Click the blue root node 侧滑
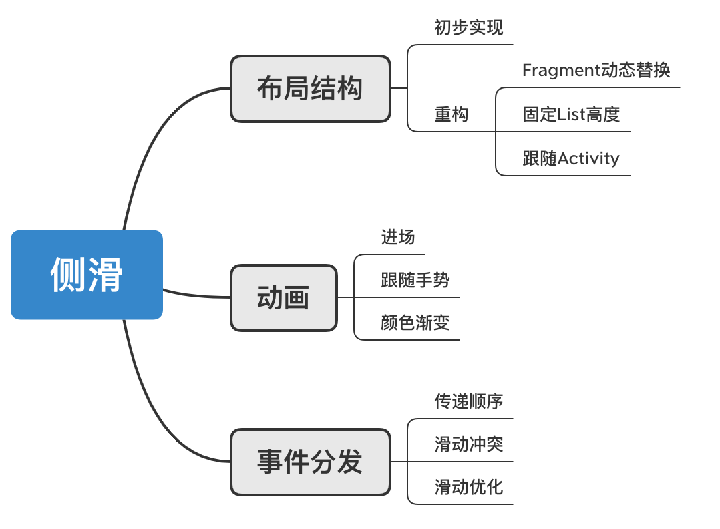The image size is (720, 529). click(x=87, y=275)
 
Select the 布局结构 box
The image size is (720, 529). click(x=310, y=89)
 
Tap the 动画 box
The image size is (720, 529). click(x=284, y=298)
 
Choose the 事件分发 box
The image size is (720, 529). click(x=310, y=462)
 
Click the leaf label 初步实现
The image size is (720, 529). click(x=468, y=28)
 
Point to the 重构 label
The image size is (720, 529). click(x=452, y=115)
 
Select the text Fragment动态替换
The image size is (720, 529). click(x=596, y=71)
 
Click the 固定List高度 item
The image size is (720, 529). click(x=571, y=115)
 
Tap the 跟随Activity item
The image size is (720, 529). click(x=571, y=159)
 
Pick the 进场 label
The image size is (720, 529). click(x=398, y=237)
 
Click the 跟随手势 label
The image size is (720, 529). click(x=415, y=280)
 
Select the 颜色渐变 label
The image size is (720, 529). click(x=415, y=323)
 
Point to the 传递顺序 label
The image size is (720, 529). click(x=468, y=401)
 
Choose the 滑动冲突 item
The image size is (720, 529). click(x=468, y=444)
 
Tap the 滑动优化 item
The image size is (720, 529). click(x=468, y=487)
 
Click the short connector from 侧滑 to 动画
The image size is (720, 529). click(x=197, y=295)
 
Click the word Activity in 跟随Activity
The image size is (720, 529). click(x=588, y=159)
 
